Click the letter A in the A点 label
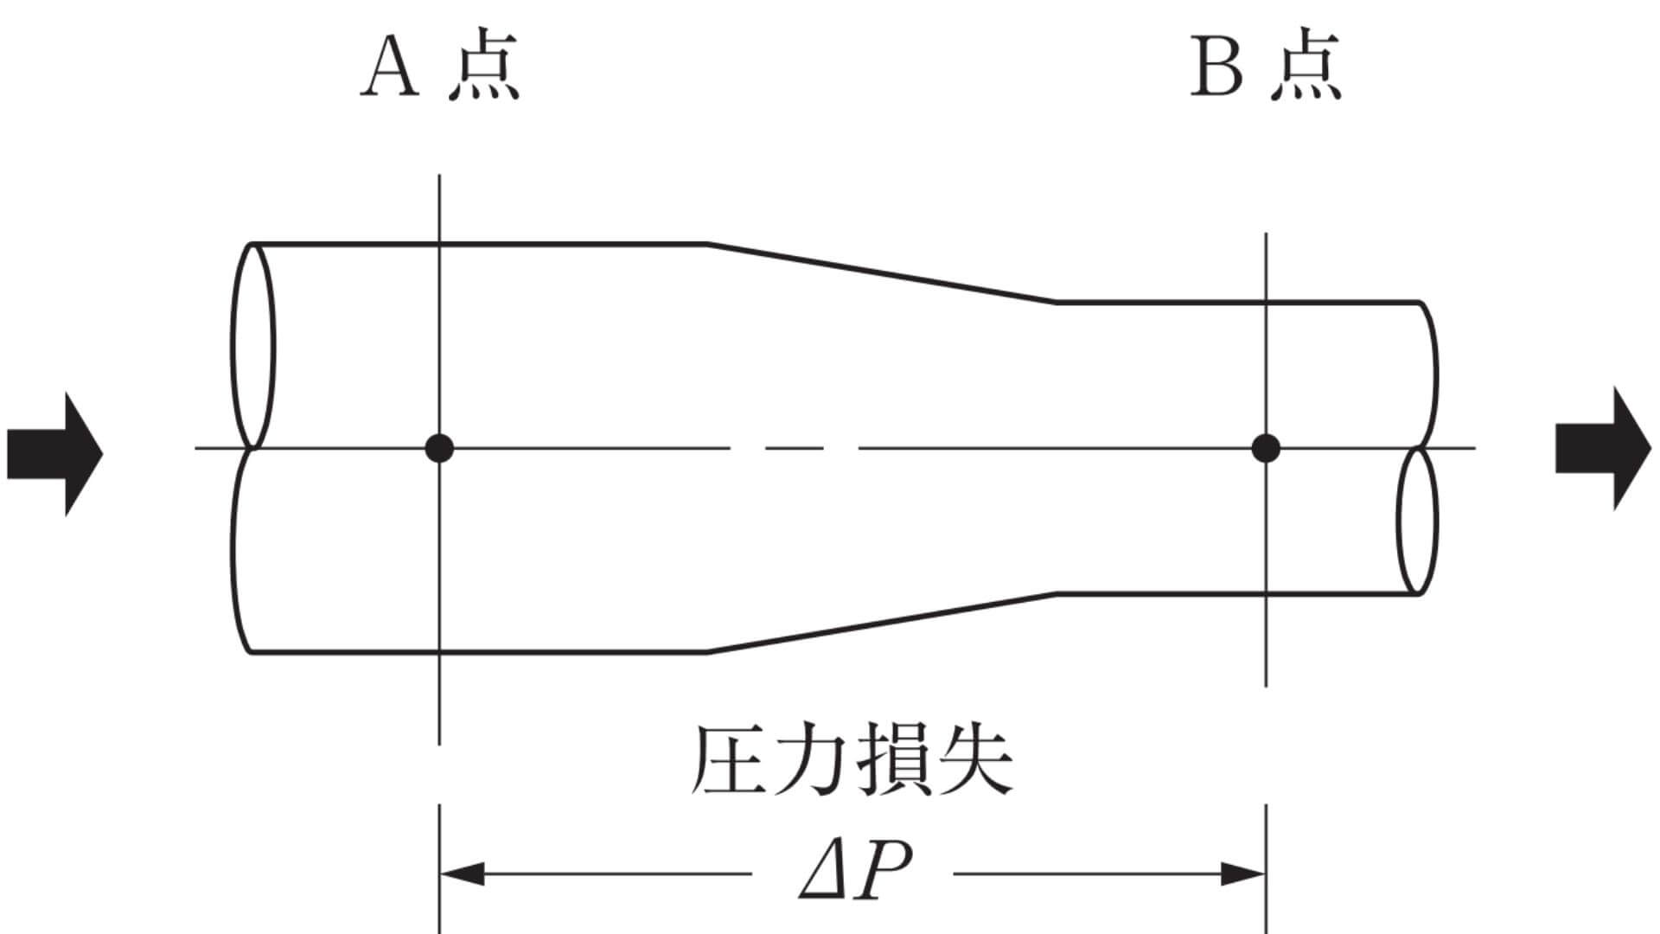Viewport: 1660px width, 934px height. pyautogui.click(x=391, y=68)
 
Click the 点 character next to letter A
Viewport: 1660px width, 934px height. pyautogui.click(x=484, y=68)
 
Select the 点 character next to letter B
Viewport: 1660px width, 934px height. pyautogui.click(x=1306, y=68)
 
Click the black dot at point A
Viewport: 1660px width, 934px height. pyautogui.click(x=439, y=448)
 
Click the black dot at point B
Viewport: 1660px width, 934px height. pyautogui.click(x=1266, y=448)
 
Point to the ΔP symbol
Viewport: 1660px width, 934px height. pyautogui.click(x=854, y=873)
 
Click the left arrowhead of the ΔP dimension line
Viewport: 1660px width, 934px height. pyautogui.click(x=462, y=874)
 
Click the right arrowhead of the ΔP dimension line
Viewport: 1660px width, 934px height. pyautogui.click(x=1243, y=874)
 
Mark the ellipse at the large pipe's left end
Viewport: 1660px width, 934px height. pyautogui.click(x=253, y=346)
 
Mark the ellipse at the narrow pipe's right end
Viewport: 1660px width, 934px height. pyautogui.click(x=1418, y=521)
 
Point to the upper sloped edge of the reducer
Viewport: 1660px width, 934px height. pyautogui.click(x=882, y=273)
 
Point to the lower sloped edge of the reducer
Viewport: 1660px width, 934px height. pyautogui.click(x=882, y=623)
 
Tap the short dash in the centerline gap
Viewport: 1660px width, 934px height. pyautogui.click(x=795, y=448)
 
